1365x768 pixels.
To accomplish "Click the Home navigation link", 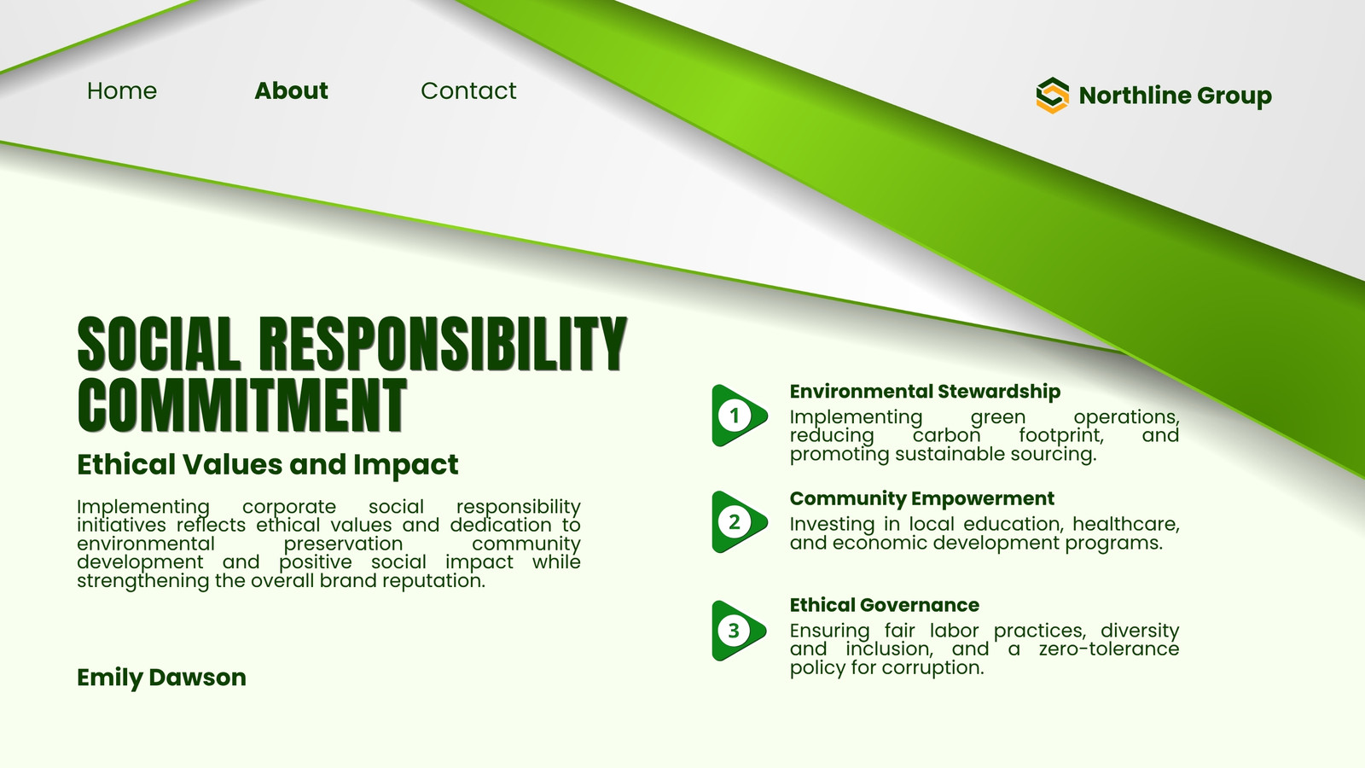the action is click(122, 90).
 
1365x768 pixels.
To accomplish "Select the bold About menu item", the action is click(291, 90).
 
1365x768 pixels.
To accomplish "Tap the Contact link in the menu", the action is click(468, 90).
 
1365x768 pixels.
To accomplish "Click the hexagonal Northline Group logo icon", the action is click(1053, 95).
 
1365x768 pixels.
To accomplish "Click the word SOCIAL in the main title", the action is click(159, 344).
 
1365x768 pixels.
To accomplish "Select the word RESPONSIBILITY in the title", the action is click(443, 344).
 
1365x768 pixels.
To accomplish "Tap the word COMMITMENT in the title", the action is click(242, 404).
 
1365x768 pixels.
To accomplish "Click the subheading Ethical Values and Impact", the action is click(268, 464).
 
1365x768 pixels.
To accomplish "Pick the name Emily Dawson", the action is click(161, 678).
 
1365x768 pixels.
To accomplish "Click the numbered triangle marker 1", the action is click(739, 416).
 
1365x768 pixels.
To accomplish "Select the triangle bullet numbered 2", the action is click(739, 521).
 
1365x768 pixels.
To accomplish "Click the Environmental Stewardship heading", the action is click(925, 392).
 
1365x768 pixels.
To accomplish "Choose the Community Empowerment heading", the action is click(922, 498).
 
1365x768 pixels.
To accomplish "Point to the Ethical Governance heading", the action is click(885, 605).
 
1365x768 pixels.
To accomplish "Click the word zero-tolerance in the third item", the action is click(1109, 649).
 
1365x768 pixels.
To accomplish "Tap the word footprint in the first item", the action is click(1061, 435).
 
